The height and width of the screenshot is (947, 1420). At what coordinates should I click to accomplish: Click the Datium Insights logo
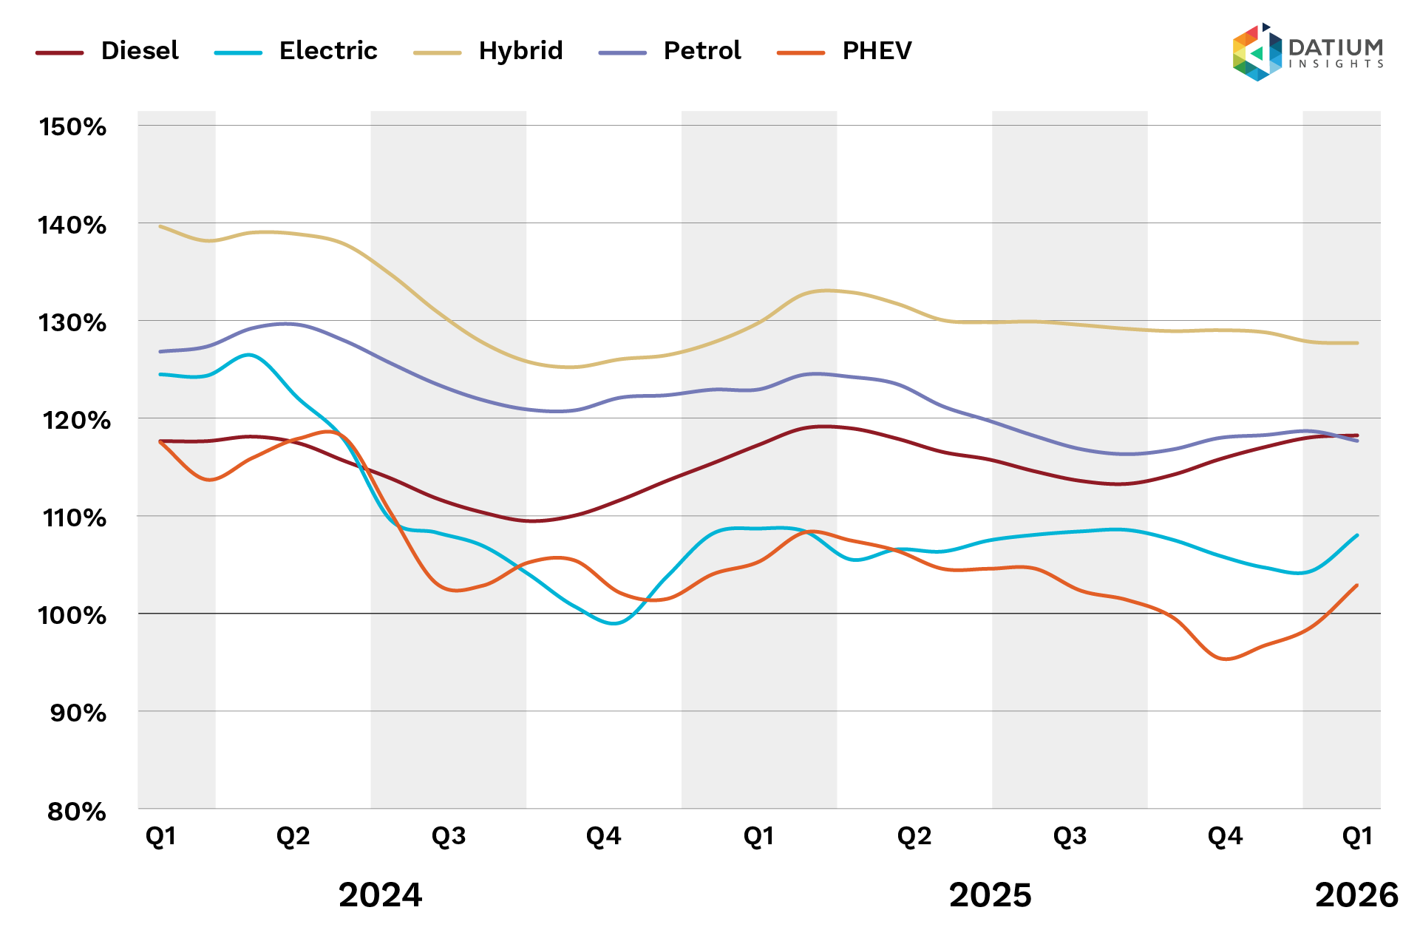click(x=1307, y=52)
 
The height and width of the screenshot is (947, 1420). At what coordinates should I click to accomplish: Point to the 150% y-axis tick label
click(x=72, y=127)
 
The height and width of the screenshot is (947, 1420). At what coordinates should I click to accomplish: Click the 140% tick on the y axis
click(x=72, y=225)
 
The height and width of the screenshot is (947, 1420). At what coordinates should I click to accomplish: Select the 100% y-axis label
click(x=72, y=615)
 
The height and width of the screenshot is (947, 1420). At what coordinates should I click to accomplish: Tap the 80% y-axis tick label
click(x=77, y=812)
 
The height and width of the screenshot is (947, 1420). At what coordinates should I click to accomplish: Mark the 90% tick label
click(x=78, y=713)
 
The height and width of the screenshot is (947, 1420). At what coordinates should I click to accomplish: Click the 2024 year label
click(x=380, y=895)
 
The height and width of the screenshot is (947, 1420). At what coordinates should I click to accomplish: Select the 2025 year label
click(x=990, y=895)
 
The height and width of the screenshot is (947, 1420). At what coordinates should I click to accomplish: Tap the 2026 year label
click(x=1356, y=895)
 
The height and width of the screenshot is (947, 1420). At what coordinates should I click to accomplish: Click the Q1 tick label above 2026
click(x=1357, y=836)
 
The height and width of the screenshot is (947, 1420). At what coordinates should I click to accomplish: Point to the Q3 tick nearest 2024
click(x=449, y=836)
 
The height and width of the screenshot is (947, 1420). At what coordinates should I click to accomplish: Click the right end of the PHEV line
click(x=1357, y=585)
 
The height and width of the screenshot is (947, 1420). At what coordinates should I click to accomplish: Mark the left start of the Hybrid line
click(x=160, y=226)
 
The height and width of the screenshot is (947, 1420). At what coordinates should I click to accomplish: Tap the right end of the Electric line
click(x=1357, y=535)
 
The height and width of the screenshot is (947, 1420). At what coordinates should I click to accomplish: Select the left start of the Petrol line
click(x=160, y=351)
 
